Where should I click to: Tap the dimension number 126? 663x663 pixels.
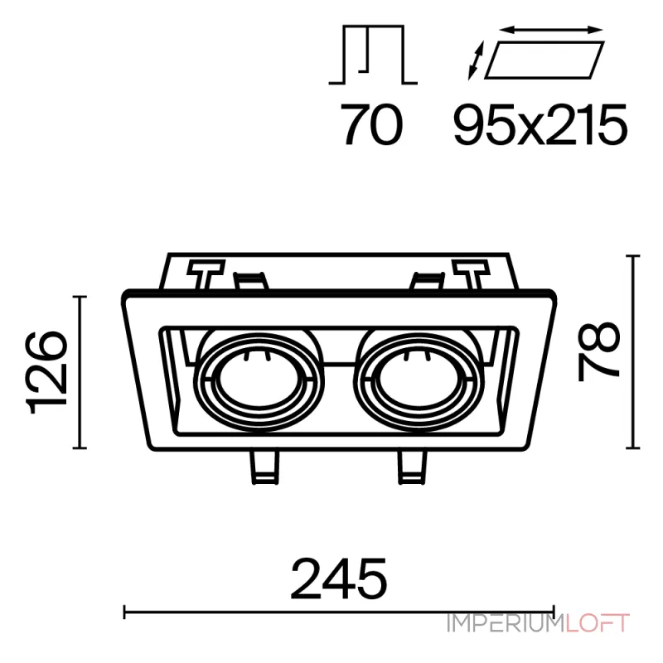[x=47, y=372]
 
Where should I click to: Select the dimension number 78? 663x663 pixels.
[x=598, y=351]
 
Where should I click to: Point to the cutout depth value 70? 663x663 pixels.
[x=372, y=125]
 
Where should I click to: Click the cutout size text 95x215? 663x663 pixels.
[x=540, y=125]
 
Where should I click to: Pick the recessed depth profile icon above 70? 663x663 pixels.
[x=373, y=55]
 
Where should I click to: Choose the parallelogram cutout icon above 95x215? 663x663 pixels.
[x=544, y=60]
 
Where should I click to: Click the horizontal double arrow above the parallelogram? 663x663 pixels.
[x=551, y=30]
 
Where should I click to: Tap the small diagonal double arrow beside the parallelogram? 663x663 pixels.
[x=476, y=60]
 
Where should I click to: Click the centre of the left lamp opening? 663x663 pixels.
[x=259, y=379]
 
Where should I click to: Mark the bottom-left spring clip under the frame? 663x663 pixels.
[x=264, y=467]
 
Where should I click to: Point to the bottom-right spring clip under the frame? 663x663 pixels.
[x=413, y=467]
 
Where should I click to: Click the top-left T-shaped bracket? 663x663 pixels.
[x=206, y=274]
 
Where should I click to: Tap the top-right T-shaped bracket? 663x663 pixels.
[x=471, y=274]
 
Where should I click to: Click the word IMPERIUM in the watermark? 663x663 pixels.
[x=506, y=623]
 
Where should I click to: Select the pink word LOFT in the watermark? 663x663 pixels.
[x=598, y=623]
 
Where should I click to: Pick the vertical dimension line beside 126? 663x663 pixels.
[x=80, y=372]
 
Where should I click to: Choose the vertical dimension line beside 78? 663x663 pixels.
[x=632, y=351]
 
